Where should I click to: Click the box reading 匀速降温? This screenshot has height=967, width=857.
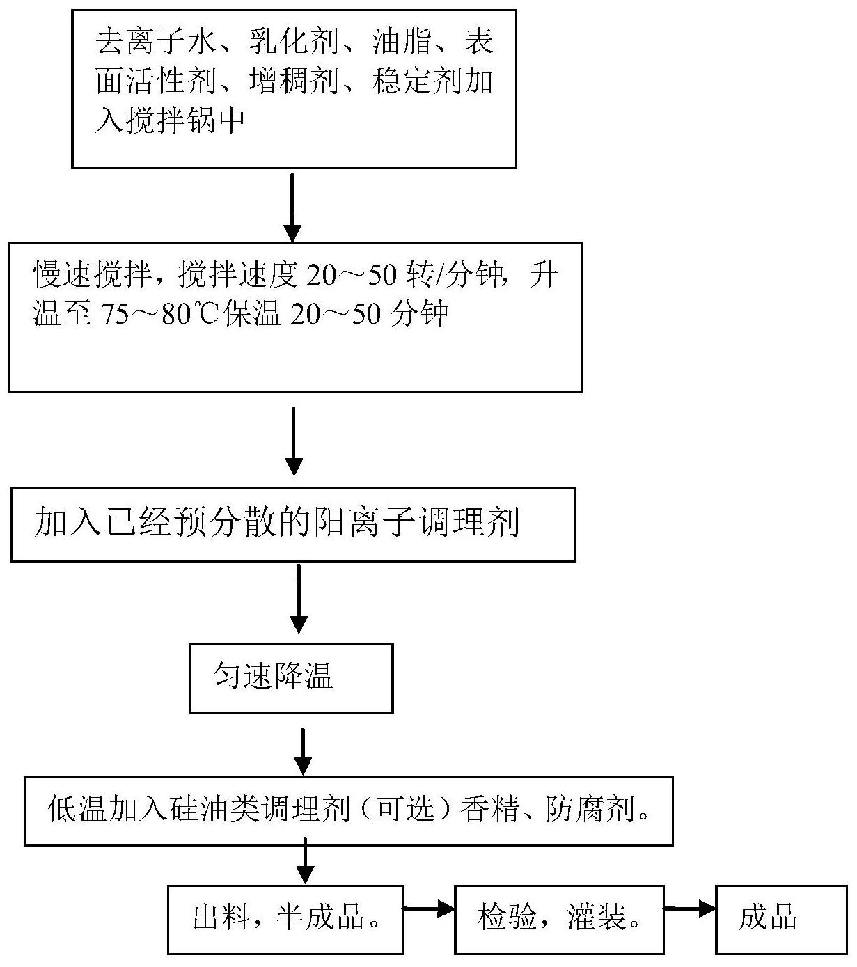pyautogui.click(x=291, y=677)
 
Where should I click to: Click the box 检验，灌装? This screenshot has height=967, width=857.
pyautogui.click(x=558, y=918)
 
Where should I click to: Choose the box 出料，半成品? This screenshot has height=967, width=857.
pyautogui.click(x=285, y=918)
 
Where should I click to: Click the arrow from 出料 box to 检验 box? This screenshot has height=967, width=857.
pyautogui.click(x=429, y=908)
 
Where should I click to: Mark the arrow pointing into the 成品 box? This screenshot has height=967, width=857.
pyautogui.click(x=689, y=908)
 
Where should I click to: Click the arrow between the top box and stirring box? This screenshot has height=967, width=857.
pyautogui.click(x=292, y=205)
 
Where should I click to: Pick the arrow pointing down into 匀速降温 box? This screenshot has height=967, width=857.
pyautogui.click(x=299, y=599)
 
